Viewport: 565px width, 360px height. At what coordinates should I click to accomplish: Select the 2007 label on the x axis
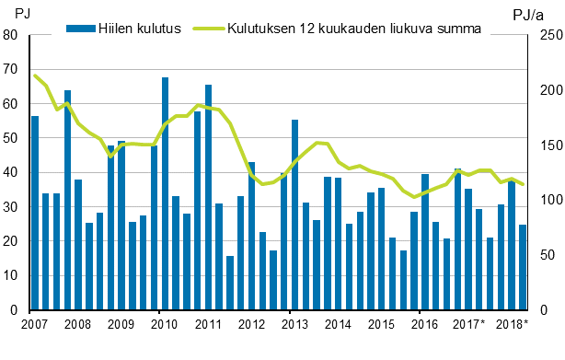[34, 324]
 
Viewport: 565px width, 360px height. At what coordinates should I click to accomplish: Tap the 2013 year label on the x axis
[294, 324]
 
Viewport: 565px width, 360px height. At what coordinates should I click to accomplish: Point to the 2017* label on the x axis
[469, 324]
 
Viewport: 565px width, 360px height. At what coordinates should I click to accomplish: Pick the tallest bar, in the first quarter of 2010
[165, 193]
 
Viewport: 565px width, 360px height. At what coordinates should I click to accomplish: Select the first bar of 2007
[35, 213]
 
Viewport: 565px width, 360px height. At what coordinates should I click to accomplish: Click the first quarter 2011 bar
[208, 197]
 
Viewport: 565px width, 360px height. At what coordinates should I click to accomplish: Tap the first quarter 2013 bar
[294, 215]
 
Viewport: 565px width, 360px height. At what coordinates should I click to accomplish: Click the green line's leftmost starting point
[35, 75]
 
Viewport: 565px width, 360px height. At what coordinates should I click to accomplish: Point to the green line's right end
[523, 185]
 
